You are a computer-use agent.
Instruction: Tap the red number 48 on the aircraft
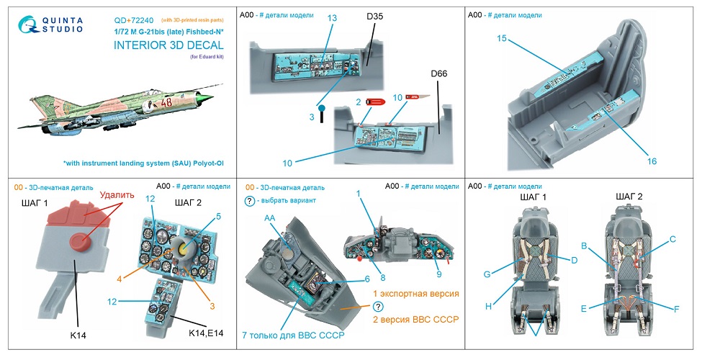[x=167, y=103]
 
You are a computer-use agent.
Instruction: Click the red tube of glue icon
[x=375, y=102]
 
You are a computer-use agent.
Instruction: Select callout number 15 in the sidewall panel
[x=502, y=38]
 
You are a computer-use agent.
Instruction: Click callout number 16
[x=652, y=161]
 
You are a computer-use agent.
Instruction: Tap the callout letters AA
[x=270, y=217]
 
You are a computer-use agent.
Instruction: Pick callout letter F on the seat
[x=676, y=309]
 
